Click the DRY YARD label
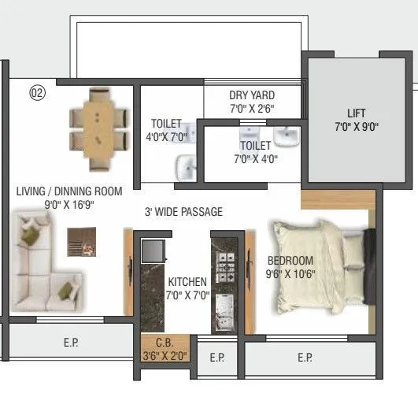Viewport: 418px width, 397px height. tap(252, 95)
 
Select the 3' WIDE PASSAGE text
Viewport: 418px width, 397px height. tap(183, 212)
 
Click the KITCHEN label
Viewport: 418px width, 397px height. tap(187, 282)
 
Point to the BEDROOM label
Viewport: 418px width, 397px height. tap(290, 262)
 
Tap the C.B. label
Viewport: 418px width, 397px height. tap(165, 343)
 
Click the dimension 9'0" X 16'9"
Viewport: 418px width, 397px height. tap(69, 203)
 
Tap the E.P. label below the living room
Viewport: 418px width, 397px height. tap(70, 343)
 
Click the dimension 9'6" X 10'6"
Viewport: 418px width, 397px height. tap(290, 275)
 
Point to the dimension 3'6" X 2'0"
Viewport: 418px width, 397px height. tap(164, 356)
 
